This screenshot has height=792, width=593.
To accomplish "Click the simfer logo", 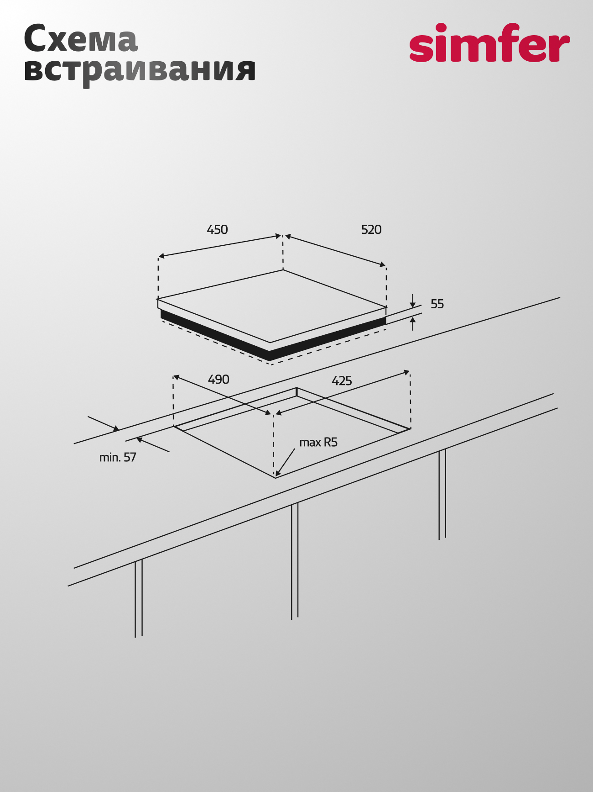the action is click(x=489, y=42).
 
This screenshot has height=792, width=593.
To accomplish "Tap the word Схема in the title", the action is click(x=81, y=39).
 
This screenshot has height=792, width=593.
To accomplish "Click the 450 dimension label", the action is click(x=217, y=229).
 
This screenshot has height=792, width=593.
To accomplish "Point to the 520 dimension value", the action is click(x=371, y=229).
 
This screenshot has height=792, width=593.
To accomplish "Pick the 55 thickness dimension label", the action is click(x=437, y=304).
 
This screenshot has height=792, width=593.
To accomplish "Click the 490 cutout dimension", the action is click(x=218, y=380).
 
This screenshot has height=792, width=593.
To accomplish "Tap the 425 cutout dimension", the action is click(x=342, y=380).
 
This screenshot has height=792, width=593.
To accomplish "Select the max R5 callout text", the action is click(x=318, y=442).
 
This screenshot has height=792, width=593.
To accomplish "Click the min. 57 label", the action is click(x=118, y=457).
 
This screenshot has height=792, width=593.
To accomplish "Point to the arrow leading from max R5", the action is click(x=285, y=462).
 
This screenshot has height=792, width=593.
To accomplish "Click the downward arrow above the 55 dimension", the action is click(x=412, y=301).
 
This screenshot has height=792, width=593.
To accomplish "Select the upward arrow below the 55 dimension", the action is click(x=413, y=324).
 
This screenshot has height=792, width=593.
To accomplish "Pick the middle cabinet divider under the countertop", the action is click(x=295, y=561).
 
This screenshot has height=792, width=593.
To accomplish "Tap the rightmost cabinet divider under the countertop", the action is click(x=442, y=495).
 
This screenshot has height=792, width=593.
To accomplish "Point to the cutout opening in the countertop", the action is click(x=292, y=432).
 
